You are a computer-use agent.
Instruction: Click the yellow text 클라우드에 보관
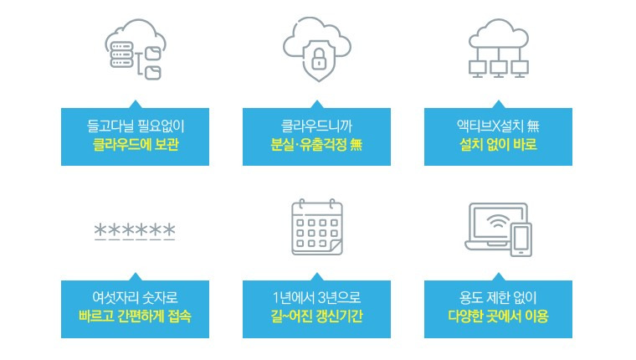pyautogui.click(x=135, y=144)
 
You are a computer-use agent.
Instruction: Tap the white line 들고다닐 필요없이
pyautogui.click(x=135, y=126)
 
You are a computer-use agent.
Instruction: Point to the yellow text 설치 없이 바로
pyautogui.click(x=498, y=144)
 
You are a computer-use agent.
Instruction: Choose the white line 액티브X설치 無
pyautogui.click(x=498, y=126)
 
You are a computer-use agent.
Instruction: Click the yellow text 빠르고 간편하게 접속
pyautogui.click(x=135, y=316)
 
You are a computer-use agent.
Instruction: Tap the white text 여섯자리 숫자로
pyautogui.click(x=135, y=299)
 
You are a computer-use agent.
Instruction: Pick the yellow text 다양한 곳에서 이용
pyautogui.click(x=498, y=316)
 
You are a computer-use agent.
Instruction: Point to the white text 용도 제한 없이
pyautogui.click(x=498, y=299)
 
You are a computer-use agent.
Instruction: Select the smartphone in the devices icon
pyautogui.click(x=520, y=238)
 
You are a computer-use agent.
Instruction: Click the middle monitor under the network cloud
pyautogui.click(x=498, y=67)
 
